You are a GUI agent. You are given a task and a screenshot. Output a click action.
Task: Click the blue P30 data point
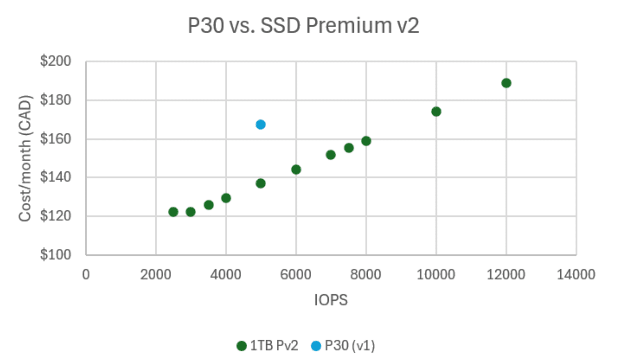point(260,125)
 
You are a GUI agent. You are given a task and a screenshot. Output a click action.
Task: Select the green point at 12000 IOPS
point(506,83)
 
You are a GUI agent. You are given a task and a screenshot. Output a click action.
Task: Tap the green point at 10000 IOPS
point(436,112)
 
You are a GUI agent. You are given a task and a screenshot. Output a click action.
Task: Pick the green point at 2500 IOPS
point(173,212)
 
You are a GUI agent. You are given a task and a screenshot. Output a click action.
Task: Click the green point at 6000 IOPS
point(296,169)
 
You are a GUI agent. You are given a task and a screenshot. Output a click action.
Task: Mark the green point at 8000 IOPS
point(366,141)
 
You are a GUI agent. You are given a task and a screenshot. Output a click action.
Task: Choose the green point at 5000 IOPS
point(260,184)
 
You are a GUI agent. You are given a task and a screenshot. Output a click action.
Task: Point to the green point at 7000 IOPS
point(331,155)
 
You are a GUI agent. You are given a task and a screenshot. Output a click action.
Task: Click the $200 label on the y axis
point(55,61)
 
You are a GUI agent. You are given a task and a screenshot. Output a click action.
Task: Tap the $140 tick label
point(55,177)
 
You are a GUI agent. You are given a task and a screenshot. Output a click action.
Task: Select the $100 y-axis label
point(55,255)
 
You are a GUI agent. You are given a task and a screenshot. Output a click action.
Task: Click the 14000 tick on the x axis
point(576,274)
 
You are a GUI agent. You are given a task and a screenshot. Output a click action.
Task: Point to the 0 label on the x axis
point(86,274)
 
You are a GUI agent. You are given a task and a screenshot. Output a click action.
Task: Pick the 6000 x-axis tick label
point(296,274)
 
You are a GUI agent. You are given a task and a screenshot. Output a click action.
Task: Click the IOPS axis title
point(331,300)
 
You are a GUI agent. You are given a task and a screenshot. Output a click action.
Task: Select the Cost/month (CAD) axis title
point(25,158)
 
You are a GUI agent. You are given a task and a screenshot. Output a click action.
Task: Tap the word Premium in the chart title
point(348,26)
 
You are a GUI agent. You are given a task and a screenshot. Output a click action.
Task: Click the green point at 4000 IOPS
point(226,198)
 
